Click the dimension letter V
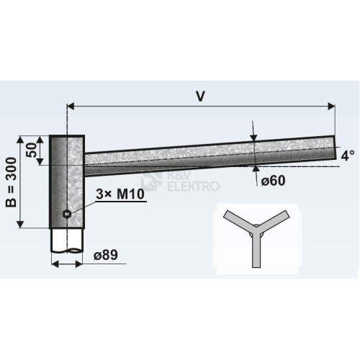(200, 96)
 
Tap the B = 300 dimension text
(12, 182)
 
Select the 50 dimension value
(32, 150)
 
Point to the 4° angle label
(348, 156)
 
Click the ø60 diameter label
(274, 180)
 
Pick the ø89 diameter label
(106, 255)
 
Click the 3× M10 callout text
(120, 194)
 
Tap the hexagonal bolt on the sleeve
(66, 213)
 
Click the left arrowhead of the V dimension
(71, 106)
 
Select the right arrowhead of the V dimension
(331, 106)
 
